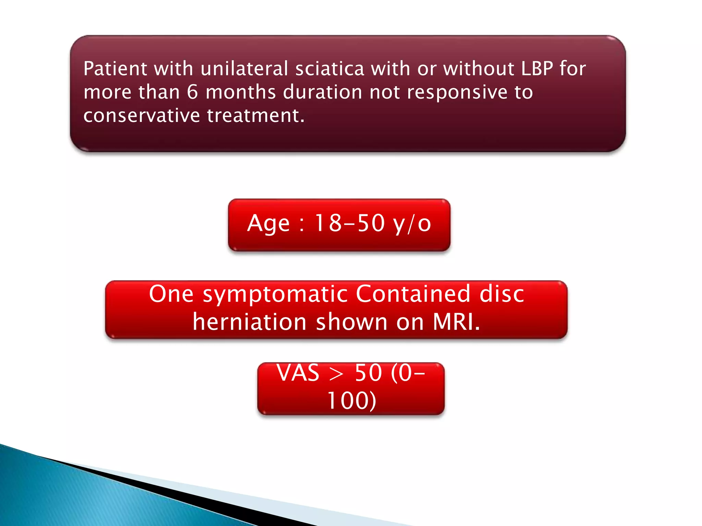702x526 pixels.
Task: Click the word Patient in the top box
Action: tap(115, 68)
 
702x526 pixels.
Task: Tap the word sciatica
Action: tap(329, 68)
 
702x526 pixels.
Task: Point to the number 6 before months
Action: tap(193, 92)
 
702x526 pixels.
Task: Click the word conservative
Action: tap(142, 115)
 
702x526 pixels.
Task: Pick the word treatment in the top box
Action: tap(256, 115)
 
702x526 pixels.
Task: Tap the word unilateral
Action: tap(244, 68)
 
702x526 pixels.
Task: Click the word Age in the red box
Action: tap(268, 224)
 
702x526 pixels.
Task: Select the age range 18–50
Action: tap(350, 223)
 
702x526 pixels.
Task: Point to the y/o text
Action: tap(412, 224)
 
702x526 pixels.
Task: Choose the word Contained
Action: tap(413, 294)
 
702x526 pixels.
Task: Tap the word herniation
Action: tap(250, 322)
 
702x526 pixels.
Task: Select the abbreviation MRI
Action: tap(456, 322)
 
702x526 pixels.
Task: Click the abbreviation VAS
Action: tap(298, 373)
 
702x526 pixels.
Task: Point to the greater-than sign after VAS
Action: tap(336, 374)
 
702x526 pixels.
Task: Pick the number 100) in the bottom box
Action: tap(352, 401)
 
